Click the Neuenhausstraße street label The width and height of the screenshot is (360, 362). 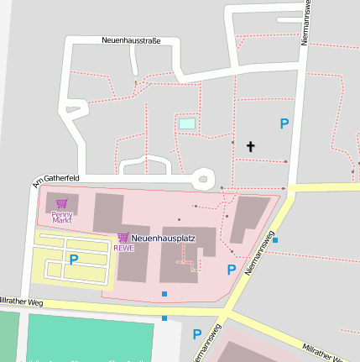(130, 40)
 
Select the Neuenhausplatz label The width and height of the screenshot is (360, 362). (163, 239)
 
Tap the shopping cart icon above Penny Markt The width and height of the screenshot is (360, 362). (61, 202)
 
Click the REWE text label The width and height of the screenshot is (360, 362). (123, 248)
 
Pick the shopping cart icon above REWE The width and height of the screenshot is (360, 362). (123, 237)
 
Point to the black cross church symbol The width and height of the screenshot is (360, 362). (250, 147)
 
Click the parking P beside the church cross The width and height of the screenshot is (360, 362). (284, 123)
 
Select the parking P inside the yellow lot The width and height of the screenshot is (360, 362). (73, 260)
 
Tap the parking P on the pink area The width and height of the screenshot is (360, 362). (232, 270)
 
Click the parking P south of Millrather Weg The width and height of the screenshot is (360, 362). (197, 333)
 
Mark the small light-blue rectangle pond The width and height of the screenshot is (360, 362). (186, 123)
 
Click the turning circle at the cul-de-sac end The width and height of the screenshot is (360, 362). (202, 178)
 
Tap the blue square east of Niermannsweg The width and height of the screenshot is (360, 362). (275, 240)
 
